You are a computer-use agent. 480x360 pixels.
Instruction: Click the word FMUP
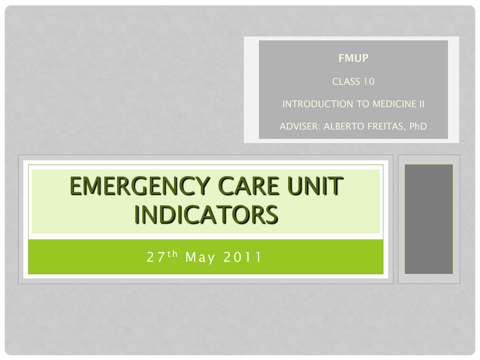[353, 58]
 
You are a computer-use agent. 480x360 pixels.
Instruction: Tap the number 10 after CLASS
[369, 82]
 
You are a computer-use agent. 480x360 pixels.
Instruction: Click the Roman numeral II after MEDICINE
[421, 104]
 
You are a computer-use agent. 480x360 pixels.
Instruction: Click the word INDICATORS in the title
[205, 215]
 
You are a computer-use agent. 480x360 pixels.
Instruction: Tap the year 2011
[242, 257]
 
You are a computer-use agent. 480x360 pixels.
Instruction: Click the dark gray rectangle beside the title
[428, 218]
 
